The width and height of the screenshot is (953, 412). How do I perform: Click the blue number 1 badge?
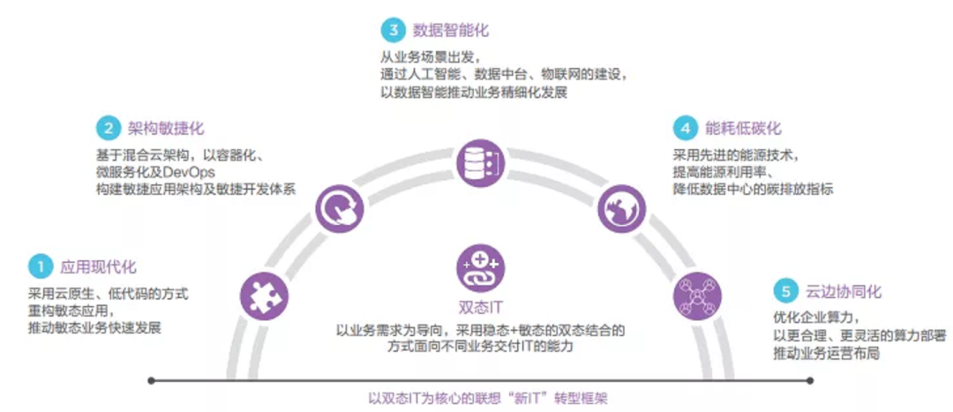[40, 266]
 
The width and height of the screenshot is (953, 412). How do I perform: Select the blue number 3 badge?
[392, 30]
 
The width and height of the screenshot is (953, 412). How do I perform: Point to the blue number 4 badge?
[684, 128]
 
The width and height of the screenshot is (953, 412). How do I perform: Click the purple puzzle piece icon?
[264, 295]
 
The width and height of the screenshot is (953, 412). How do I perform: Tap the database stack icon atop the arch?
[478, 162]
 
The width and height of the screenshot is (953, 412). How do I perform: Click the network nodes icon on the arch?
[697, 296]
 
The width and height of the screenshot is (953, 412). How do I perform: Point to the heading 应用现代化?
[98, 266]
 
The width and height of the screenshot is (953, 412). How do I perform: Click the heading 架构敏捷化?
[166, 130]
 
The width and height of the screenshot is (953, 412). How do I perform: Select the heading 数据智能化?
[450, 31]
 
